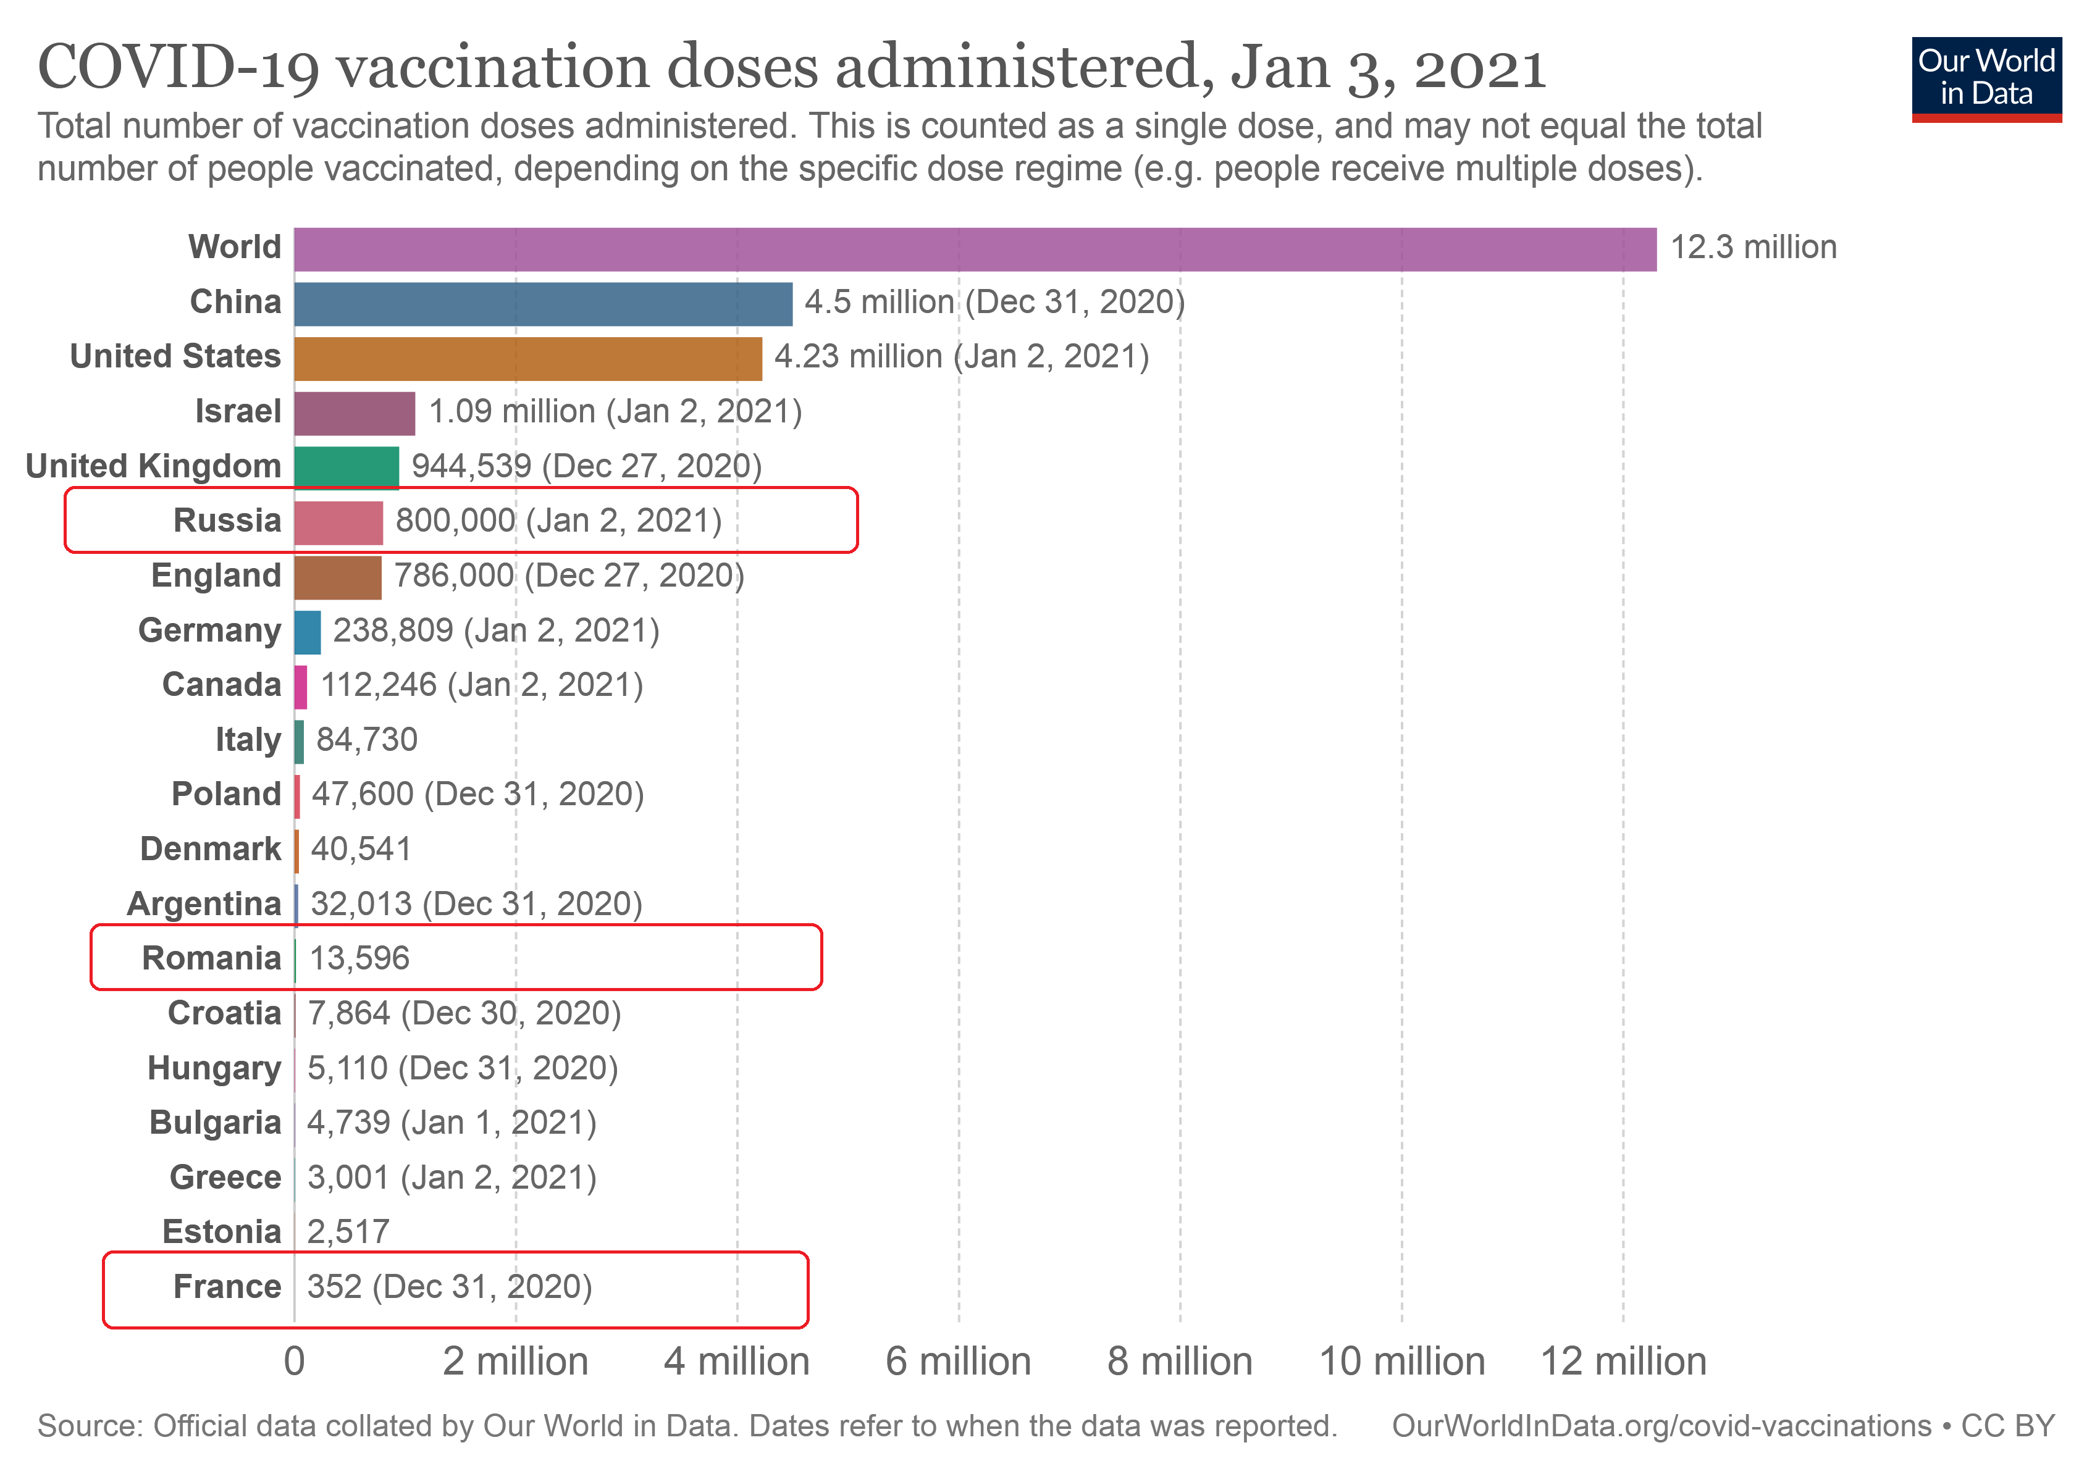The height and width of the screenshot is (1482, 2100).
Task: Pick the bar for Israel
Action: [x=354, y=413]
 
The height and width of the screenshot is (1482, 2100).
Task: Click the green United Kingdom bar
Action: [x=346, y=468]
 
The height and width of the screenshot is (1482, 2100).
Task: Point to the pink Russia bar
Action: [x=338, y=523]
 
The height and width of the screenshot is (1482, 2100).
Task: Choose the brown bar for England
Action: [x=337, y=578]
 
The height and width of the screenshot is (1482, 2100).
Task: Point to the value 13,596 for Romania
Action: [x=358, y=958]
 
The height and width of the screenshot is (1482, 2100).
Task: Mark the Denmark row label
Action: [x=211, y=848]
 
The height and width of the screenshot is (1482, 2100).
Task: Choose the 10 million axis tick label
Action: [x=1401, y=1362]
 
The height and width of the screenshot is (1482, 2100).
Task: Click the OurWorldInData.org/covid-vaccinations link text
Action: [x=1661, y=1426]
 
